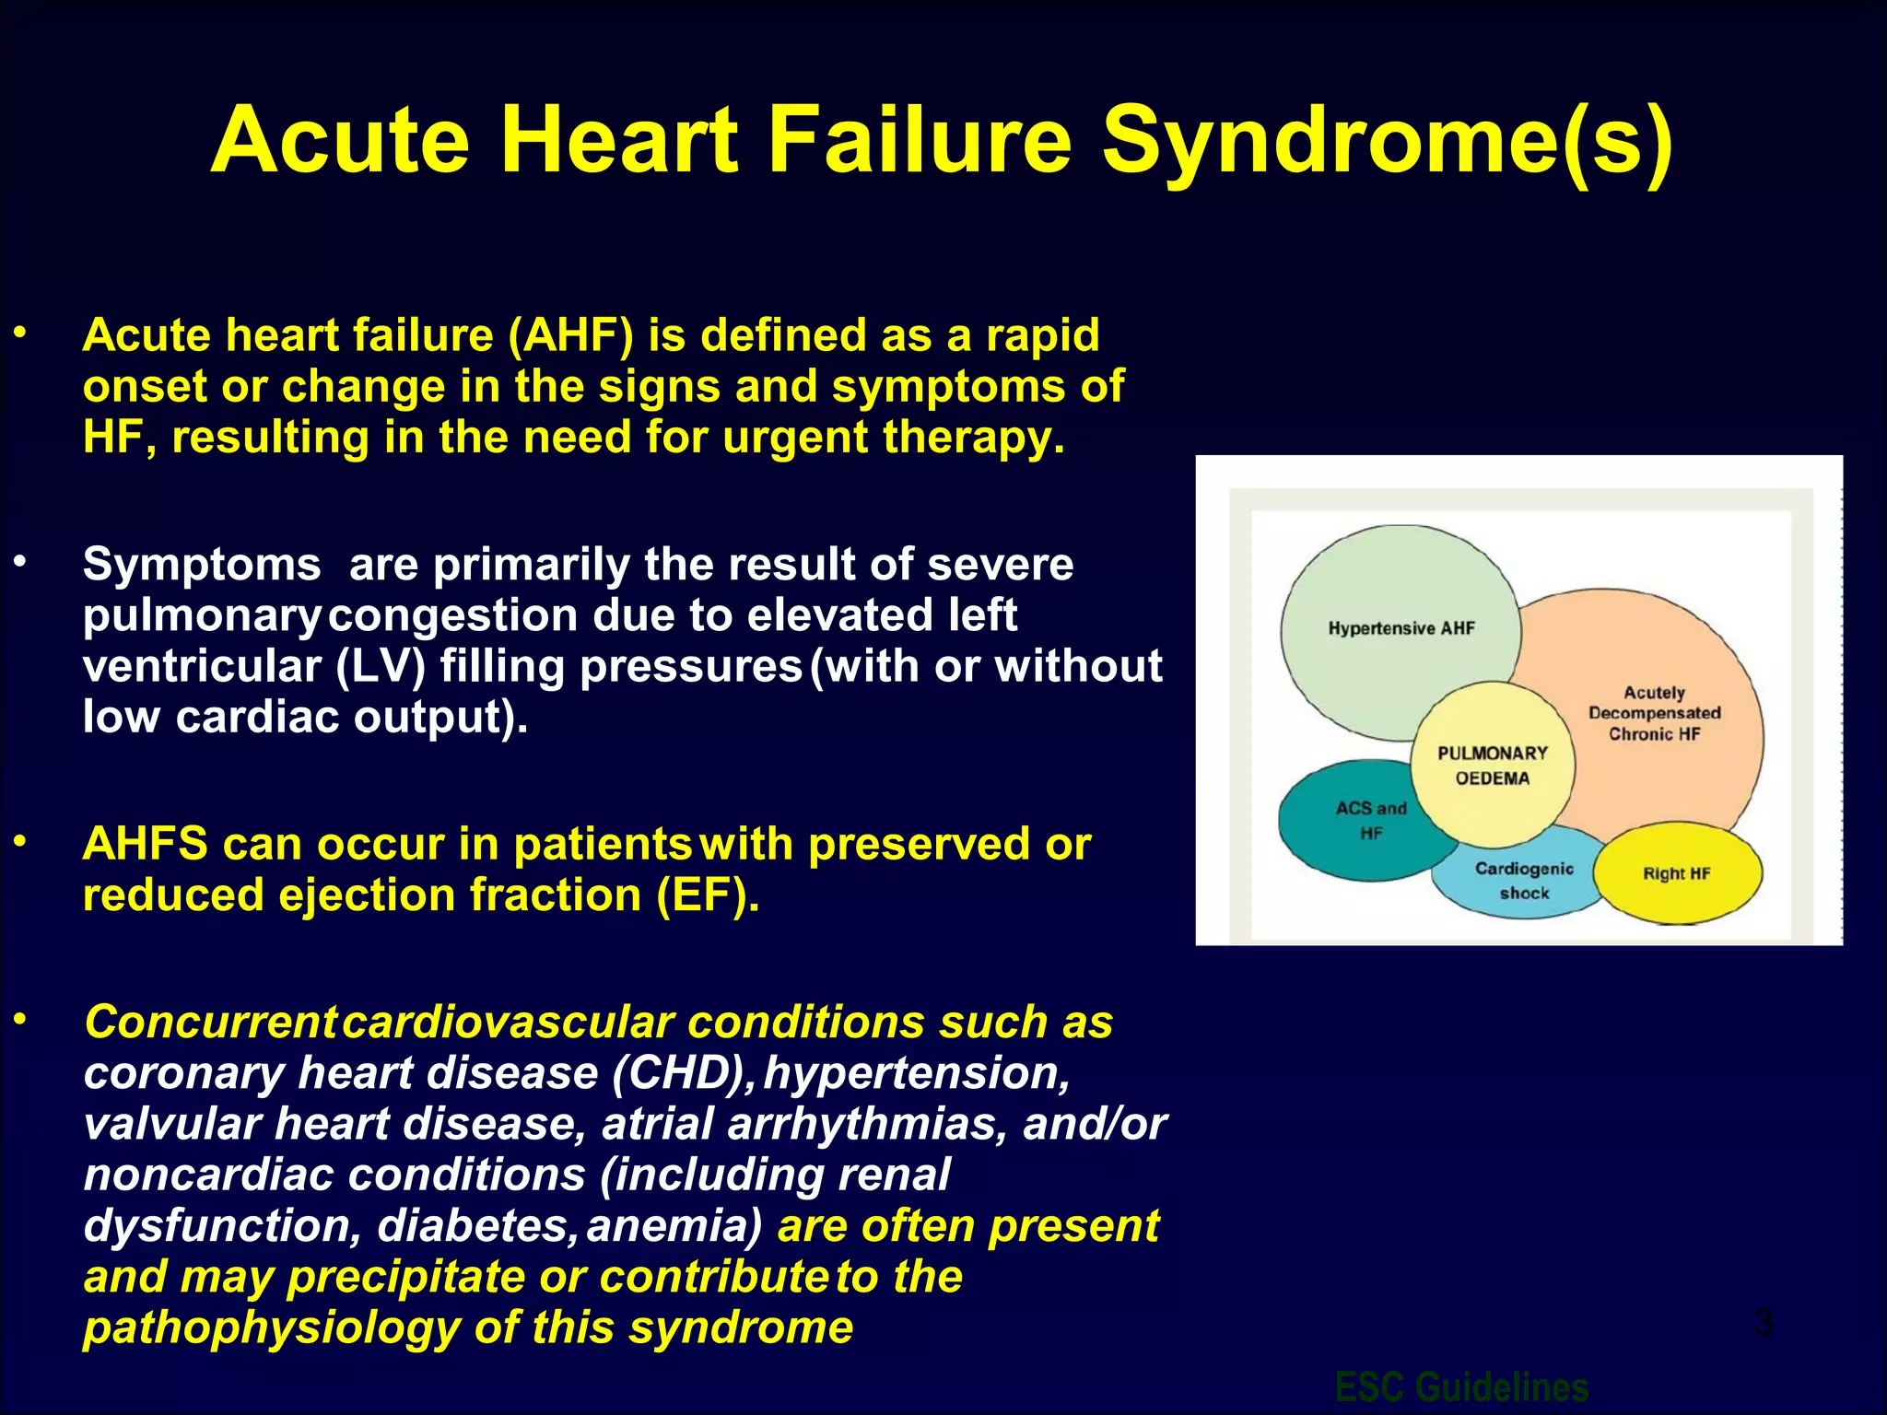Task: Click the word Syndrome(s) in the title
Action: tap(1387, 140)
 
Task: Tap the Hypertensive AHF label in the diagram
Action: tap(1401, 628)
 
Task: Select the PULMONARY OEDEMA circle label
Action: tap(1492, 765)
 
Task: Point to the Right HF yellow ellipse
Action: tap(1676, 873)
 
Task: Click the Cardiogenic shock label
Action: tap(1524, 881)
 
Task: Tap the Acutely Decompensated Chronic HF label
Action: tap(1654, 713)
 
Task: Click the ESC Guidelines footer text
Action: tap(1461, 1386)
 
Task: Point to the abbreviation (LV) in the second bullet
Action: tap(381, 666)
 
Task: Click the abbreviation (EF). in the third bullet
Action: tap(708, 895)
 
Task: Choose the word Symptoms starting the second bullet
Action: tap(202, 565)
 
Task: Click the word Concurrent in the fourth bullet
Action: tap(210, 1023)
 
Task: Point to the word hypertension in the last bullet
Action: tap(916, 1073)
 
